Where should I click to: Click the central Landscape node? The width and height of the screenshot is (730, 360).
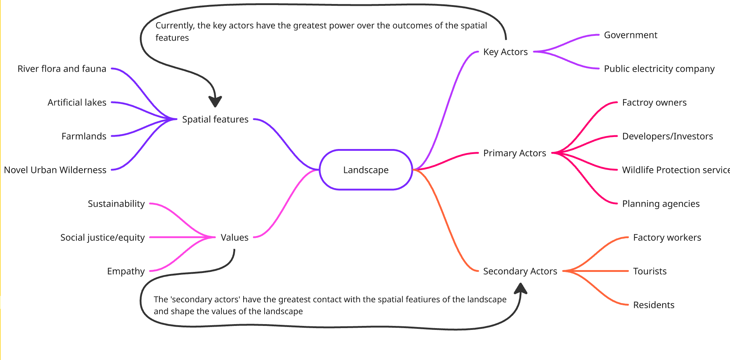366,170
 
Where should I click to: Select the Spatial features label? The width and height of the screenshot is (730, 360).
215,119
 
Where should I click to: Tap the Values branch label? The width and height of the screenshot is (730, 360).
235,237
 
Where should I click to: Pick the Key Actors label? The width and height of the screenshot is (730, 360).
505,52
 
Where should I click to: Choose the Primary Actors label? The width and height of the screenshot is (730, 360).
514,153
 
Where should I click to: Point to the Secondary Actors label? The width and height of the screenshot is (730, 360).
520,271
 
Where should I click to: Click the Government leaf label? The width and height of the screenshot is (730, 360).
630,35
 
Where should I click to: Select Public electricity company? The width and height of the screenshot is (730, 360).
659,69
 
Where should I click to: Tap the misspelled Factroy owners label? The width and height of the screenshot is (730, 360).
654,103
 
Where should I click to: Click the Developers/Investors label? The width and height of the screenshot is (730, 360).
667,136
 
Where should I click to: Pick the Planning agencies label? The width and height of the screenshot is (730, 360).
661,204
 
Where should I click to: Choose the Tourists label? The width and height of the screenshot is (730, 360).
650,271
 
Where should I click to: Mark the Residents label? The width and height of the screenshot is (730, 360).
654,305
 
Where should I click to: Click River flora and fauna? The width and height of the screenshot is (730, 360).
62,69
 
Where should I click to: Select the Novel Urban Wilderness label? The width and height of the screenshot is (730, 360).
55,170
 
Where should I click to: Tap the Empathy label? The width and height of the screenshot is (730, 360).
126,271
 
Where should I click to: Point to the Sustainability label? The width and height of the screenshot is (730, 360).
116,204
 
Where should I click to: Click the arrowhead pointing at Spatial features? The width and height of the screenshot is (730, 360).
215,102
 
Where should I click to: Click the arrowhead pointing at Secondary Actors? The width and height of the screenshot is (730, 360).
521,288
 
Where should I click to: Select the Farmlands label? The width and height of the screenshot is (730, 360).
84,136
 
